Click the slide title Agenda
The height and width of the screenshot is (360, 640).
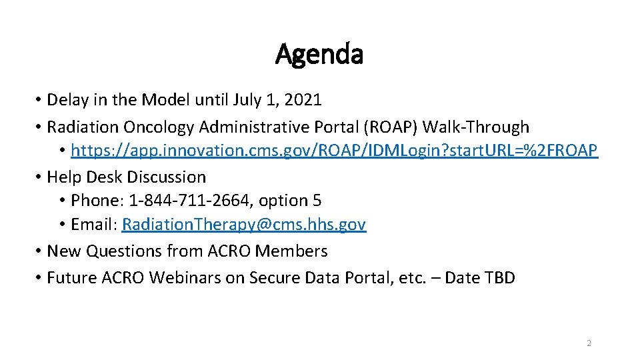[319, 54]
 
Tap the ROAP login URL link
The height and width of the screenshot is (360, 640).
[335, 151]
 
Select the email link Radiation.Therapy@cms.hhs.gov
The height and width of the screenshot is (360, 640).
[244, 225]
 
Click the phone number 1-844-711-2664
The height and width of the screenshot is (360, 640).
[185, 201]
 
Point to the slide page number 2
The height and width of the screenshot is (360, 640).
[589, 343]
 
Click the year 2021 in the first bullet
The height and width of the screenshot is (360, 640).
[303, 101]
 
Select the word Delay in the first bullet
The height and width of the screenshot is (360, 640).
[67, 101]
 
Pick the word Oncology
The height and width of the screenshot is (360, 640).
[153, 127]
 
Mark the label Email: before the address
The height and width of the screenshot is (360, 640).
[93, 225]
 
